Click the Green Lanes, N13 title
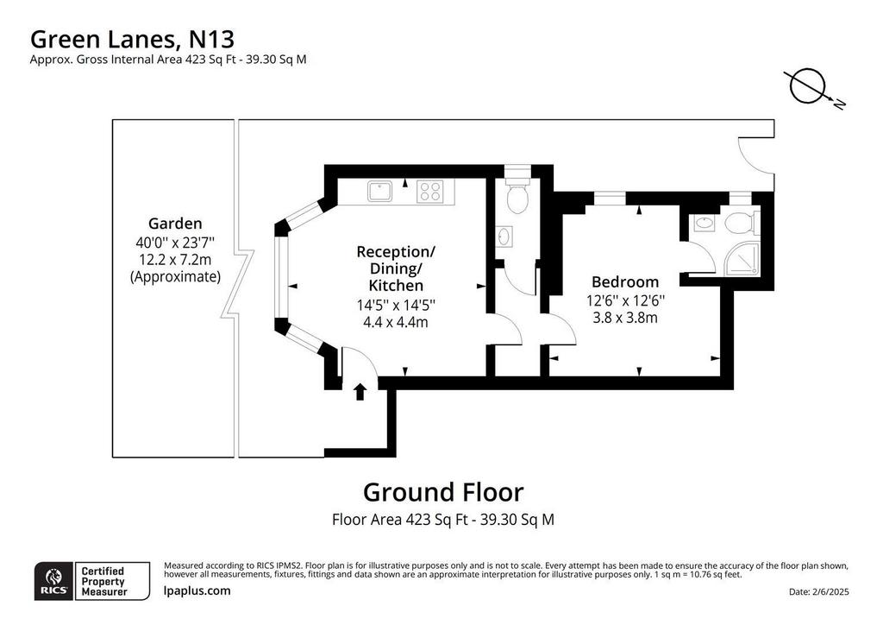tap(132, 40)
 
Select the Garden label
tap(175, 224)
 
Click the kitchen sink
tap(380, 191)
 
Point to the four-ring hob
tap(430, 191)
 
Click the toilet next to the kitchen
tap(517, 195)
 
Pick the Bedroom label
tap(625, 281)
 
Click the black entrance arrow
tap(360, 392)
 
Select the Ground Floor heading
tap(443, 492)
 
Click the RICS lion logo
tap(54, 581)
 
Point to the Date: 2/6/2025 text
tap(819, 591)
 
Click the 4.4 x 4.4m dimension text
tap(395, 322)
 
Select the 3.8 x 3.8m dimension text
tap(625, 318)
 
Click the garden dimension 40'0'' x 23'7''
tap(175, 243)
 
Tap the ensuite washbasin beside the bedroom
tap(704, 223)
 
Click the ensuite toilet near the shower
tap(741, 223)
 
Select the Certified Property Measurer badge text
tap(104, 581)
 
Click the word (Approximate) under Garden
tap(175, 277)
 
